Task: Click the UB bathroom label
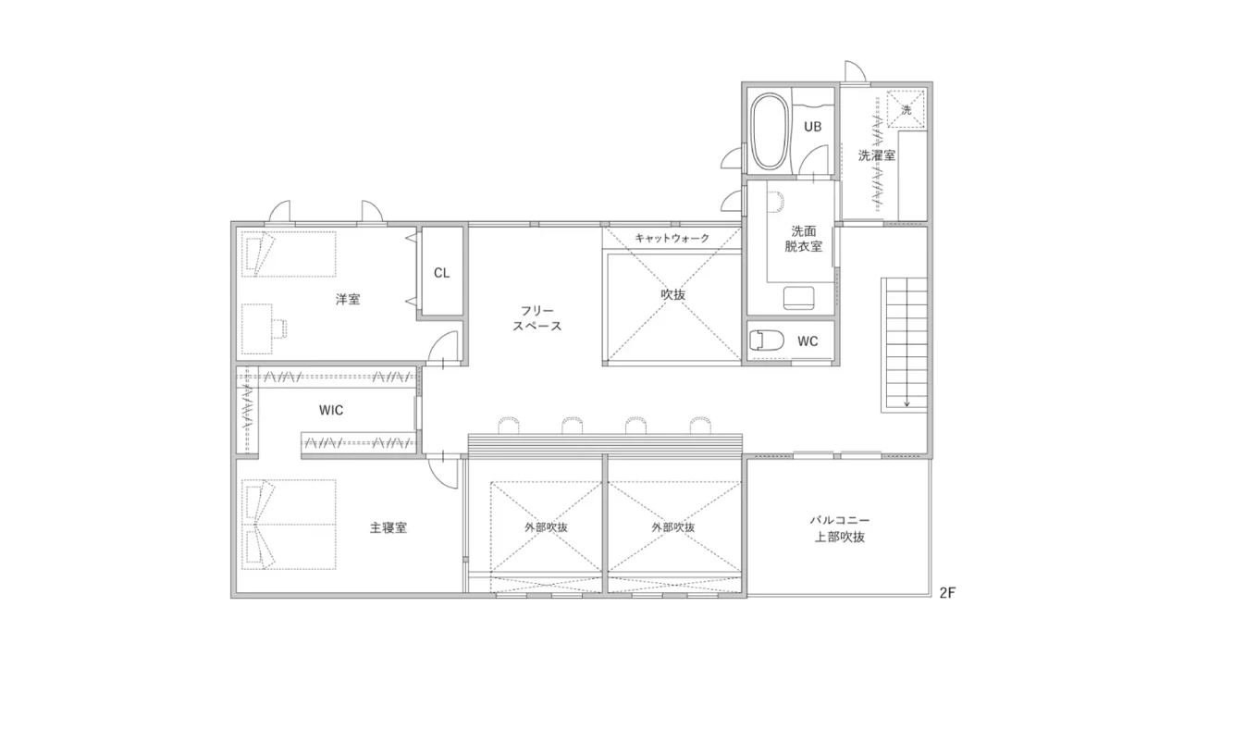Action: [813, 127]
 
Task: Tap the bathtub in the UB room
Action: [770, 132]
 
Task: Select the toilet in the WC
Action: [767, 340]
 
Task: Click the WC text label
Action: [808, 341]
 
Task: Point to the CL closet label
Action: [441, 273]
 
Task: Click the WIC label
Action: [331, 411]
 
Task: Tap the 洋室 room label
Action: [348, 300]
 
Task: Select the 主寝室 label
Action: [388, 528]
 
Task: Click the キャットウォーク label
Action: [672, 238]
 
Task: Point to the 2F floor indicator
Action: [947, 593]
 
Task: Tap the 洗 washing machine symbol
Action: [906, 109]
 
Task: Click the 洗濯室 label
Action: [877, 155]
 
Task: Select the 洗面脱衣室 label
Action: [804, 239]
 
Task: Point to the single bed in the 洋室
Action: [289, 254]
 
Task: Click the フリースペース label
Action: [536, 318]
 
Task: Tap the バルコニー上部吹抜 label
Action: [840, 528]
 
